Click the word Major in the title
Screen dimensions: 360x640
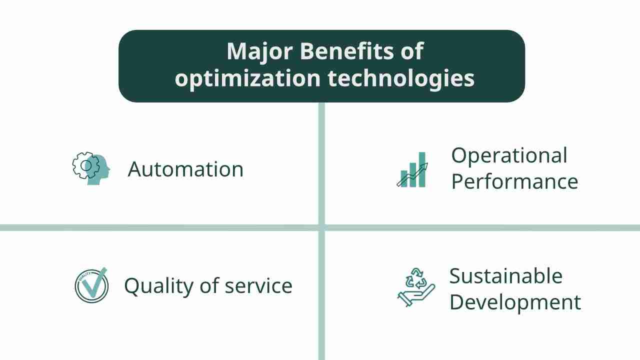click(255, 51)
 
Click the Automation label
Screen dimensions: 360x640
click(185, 169)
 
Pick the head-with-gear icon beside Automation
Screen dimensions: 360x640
click(91, 169)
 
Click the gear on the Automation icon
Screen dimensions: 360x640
click(83, 165)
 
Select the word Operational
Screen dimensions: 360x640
click(509, 155)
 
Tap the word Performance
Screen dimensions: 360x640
click(514, 181)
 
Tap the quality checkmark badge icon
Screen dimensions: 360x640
click(91, 285)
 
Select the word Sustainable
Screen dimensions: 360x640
click(505, 276)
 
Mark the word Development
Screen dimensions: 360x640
click(515, 302)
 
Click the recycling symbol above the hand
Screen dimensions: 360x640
click(416, 279)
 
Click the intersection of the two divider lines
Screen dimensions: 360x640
click(321, 228)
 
